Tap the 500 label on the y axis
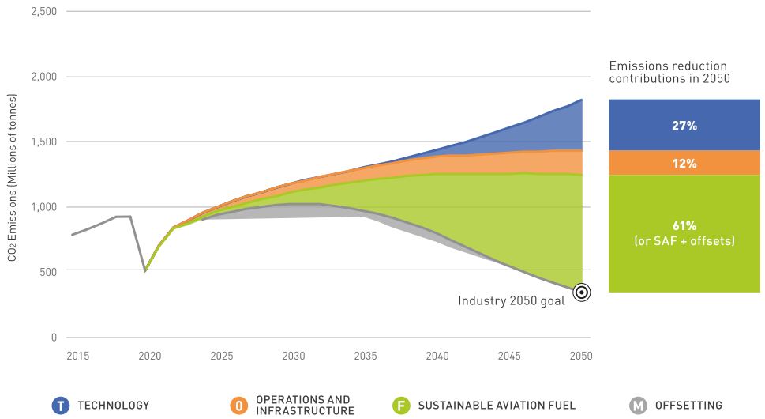pos(49,272)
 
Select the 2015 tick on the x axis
pos(78,357)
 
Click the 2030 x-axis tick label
pos(294,357)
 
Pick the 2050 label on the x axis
pos(581,357)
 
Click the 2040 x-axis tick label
pos(437,357)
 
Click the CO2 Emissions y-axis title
pos(13,177)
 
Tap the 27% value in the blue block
pos(684,125)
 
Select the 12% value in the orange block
pos(684,164)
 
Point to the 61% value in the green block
pos(684,225)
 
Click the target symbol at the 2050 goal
pos(582,293)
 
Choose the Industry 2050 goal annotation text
pos(512,300)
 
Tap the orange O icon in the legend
pos(238,406)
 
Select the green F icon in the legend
pos(401,406)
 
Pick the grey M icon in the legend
pos(638,406)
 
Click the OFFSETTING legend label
pos(688,406)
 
